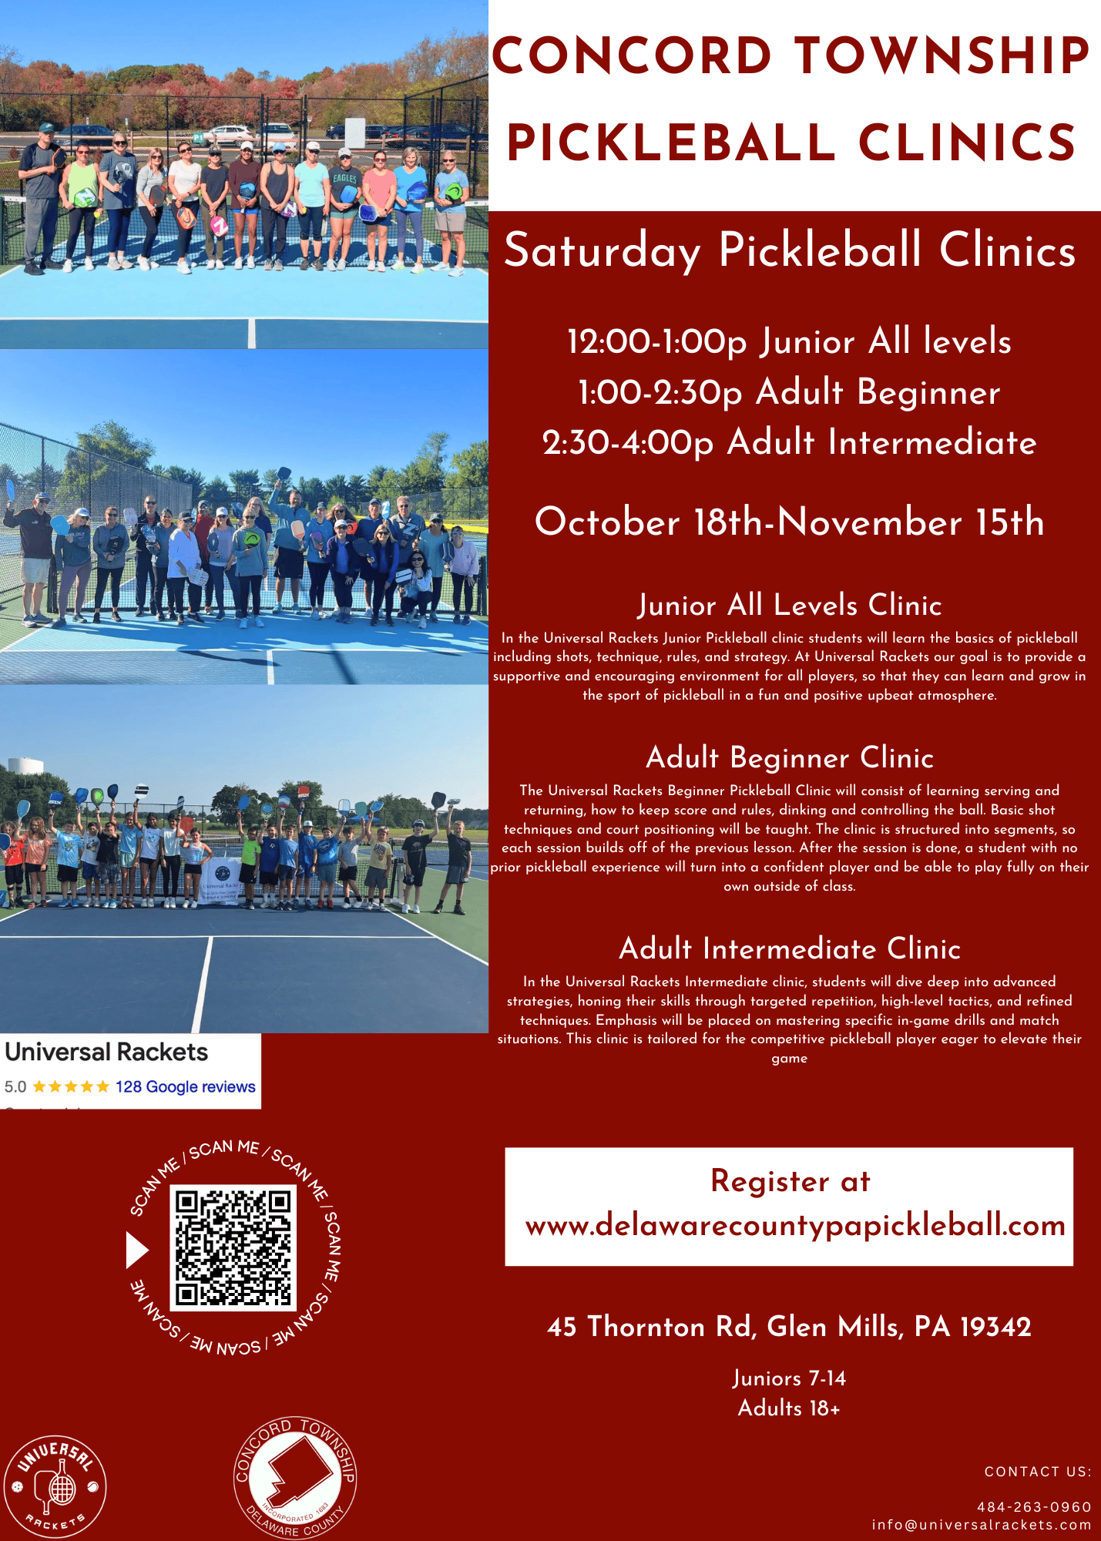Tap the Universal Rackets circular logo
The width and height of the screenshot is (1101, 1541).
click(x=55, y=1486)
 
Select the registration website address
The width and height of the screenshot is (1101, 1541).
click(x=795, y=1224)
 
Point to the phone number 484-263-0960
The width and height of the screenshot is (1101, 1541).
click(x=1034, y=1506)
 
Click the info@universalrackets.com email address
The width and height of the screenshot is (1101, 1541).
click(x=982, y=1525)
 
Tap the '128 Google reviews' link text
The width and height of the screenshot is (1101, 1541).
click(x=186, y=1086)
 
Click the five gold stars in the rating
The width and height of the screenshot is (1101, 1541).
click(x=71, y=1086)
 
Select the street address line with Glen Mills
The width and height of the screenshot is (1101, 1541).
click(x=789, y=1326)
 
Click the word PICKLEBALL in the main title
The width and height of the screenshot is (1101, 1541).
click(x=671, y=143)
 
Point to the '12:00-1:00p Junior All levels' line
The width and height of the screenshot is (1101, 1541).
click(x=789, y=341)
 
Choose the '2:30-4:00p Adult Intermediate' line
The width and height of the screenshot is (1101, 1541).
click(x=789, y=442)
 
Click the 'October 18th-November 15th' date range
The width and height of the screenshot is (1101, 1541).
click(x=789, y=522)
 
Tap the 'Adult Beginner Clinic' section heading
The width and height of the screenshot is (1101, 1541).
click(x=790, y=757)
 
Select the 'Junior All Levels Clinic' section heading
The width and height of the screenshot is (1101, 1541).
click(x=790, y=605)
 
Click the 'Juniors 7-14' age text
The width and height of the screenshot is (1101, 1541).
click(x=789, y=1378)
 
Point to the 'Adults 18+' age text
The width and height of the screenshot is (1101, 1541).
click(x=789, y=1408)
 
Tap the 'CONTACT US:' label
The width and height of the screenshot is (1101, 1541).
click(x=1038, y=1472)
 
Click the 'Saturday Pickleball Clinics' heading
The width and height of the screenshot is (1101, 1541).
click(x=790, y=250)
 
